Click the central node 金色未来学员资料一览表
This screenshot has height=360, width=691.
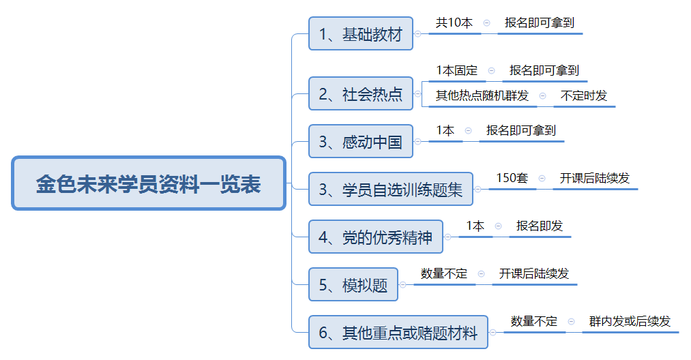(149, 183)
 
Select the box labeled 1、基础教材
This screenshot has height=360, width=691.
(360, 33)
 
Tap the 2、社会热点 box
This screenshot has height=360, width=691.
(360, 93)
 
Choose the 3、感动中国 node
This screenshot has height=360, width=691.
(360, 141)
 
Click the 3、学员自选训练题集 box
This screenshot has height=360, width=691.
(390, 189)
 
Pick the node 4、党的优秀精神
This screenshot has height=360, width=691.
(375, 237)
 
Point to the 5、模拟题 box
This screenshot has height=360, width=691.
(353, 284)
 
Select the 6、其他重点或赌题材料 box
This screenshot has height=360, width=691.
(398, 332)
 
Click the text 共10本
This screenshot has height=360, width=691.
(454, 22)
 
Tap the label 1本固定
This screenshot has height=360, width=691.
(456, 70)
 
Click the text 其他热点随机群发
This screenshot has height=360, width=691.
(482, 95)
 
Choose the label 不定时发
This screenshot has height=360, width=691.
(583, 95)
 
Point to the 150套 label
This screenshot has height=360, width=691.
(512, 178)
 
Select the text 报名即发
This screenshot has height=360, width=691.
(540, 226)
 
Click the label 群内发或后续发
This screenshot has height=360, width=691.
(630, 321)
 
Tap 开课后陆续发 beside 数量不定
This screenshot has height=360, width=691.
(533, 273)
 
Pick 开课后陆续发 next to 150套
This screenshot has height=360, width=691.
(595, 178)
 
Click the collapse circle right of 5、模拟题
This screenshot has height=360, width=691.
(402, 284)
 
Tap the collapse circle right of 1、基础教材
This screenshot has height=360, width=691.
(417, 33)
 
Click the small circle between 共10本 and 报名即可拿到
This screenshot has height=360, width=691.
(486, 23)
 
